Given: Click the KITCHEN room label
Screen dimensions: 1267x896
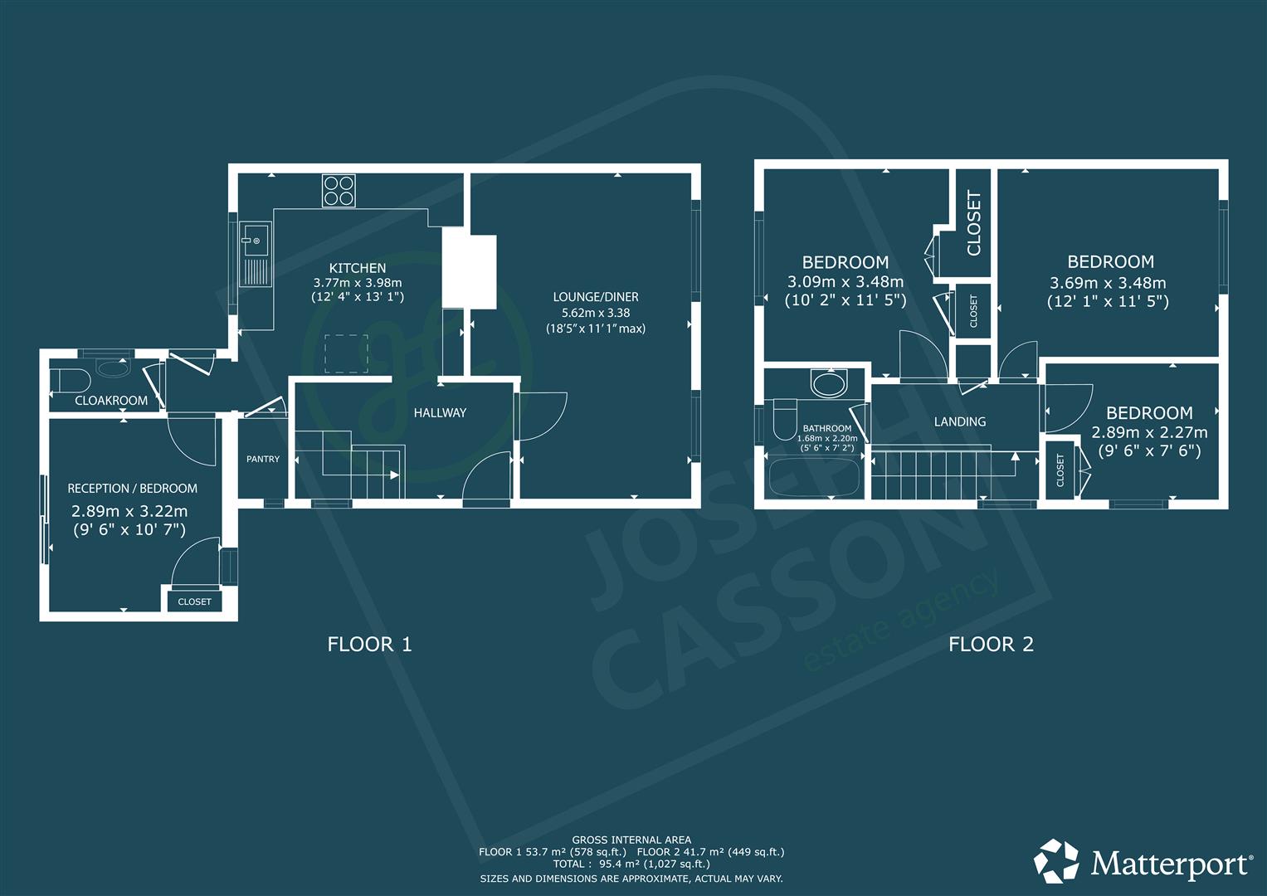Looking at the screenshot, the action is [x=358, y=268].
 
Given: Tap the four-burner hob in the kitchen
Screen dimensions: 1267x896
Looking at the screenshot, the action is [x=339, y=190].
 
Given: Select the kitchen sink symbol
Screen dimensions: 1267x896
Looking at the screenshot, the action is [x=256, y=254].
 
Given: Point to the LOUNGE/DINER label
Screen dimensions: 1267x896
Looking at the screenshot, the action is [x=596, y=297].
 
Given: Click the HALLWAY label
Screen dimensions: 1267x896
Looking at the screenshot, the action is [x=440, y=413].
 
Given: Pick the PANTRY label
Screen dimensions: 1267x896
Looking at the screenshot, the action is [x=263, y=459].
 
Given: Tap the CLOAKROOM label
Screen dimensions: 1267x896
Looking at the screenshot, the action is [x=111, y=401].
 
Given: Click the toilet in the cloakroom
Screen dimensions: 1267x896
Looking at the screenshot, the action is [x=71, y=381].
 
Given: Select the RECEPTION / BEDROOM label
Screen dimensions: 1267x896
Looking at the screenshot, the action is [x=133, y=488].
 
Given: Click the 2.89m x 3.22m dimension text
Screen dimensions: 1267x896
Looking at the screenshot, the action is [x=129, y=511].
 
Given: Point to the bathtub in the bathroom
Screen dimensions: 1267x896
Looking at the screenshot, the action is [x=815, y=476].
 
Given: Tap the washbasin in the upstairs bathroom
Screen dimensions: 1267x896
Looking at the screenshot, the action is [x=829, y=383].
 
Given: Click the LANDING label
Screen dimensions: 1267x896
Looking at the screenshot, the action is [x=960, y=421].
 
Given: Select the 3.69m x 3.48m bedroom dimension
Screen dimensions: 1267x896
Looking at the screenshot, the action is [x=1108, y=282].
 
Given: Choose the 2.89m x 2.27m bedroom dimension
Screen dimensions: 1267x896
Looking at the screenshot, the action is [x=1149, y=433].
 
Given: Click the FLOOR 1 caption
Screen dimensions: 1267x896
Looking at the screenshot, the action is [x=369, y=645].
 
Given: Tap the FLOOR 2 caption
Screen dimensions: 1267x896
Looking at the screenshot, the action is [x=991, y=645].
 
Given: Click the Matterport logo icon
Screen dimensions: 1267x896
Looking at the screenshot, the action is [x=1056, y=861].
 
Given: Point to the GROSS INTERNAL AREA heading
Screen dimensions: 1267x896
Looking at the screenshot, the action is [x=631, y=840].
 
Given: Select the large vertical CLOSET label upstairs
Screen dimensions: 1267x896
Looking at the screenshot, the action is [x=973, y=223].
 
